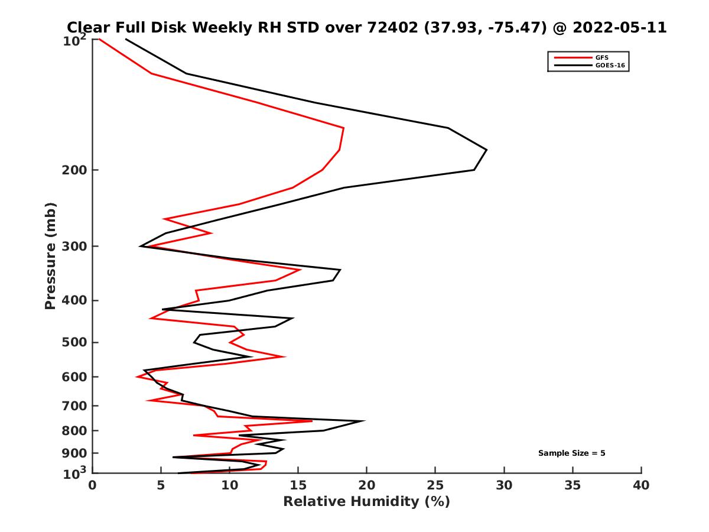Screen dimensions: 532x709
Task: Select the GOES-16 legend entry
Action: [610, 66]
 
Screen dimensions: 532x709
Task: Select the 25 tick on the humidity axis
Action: [435, 486]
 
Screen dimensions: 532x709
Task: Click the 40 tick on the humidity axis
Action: [641, 486]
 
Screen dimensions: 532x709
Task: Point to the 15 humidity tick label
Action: [298, 486]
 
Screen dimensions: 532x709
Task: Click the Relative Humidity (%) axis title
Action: [366, 502]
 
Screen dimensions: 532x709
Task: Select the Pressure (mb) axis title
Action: [50, 255]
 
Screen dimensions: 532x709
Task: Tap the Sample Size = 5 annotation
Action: [571, 453]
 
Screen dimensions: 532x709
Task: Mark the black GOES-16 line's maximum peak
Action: [486, 150]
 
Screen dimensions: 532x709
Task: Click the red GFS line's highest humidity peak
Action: [344, 128]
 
